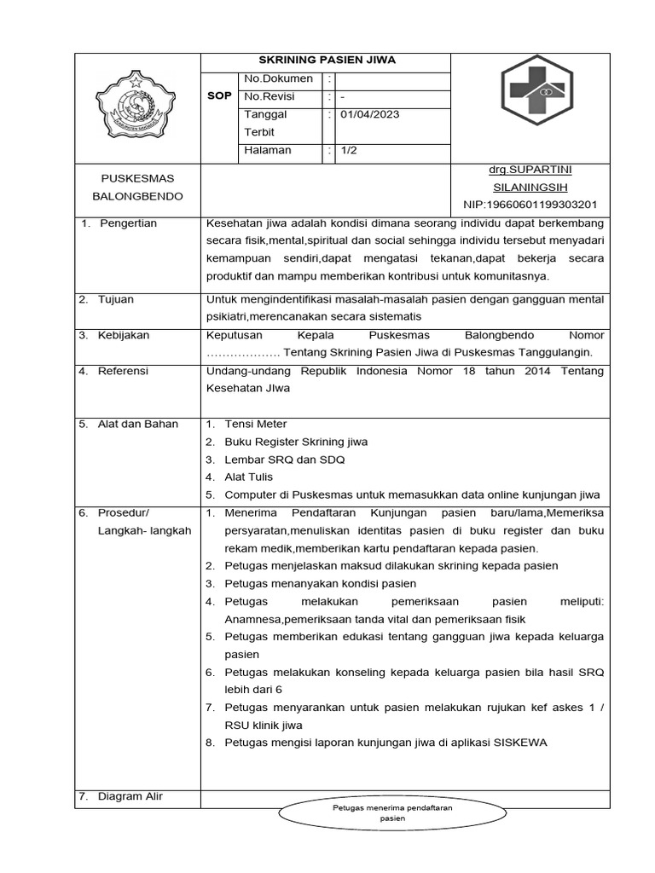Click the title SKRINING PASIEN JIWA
(x=327, y=61)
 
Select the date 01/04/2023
(x=370, y=115)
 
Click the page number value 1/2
(x=349, y=150)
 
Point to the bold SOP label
(x=219, y=97)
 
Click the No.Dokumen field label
(x=278, y=79)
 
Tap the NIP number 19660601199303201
(x=530, y=205)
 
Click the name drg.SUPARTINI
(x=530, y=171)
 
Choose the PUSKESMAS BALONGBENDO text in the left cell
(x=137, y=188)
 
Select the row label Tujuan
(x=116, y=300)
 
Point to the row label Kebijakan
(x=124, y=335)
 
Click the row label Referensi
(x=124, y=371)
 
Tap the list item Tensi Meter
(x=256, y=424)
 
